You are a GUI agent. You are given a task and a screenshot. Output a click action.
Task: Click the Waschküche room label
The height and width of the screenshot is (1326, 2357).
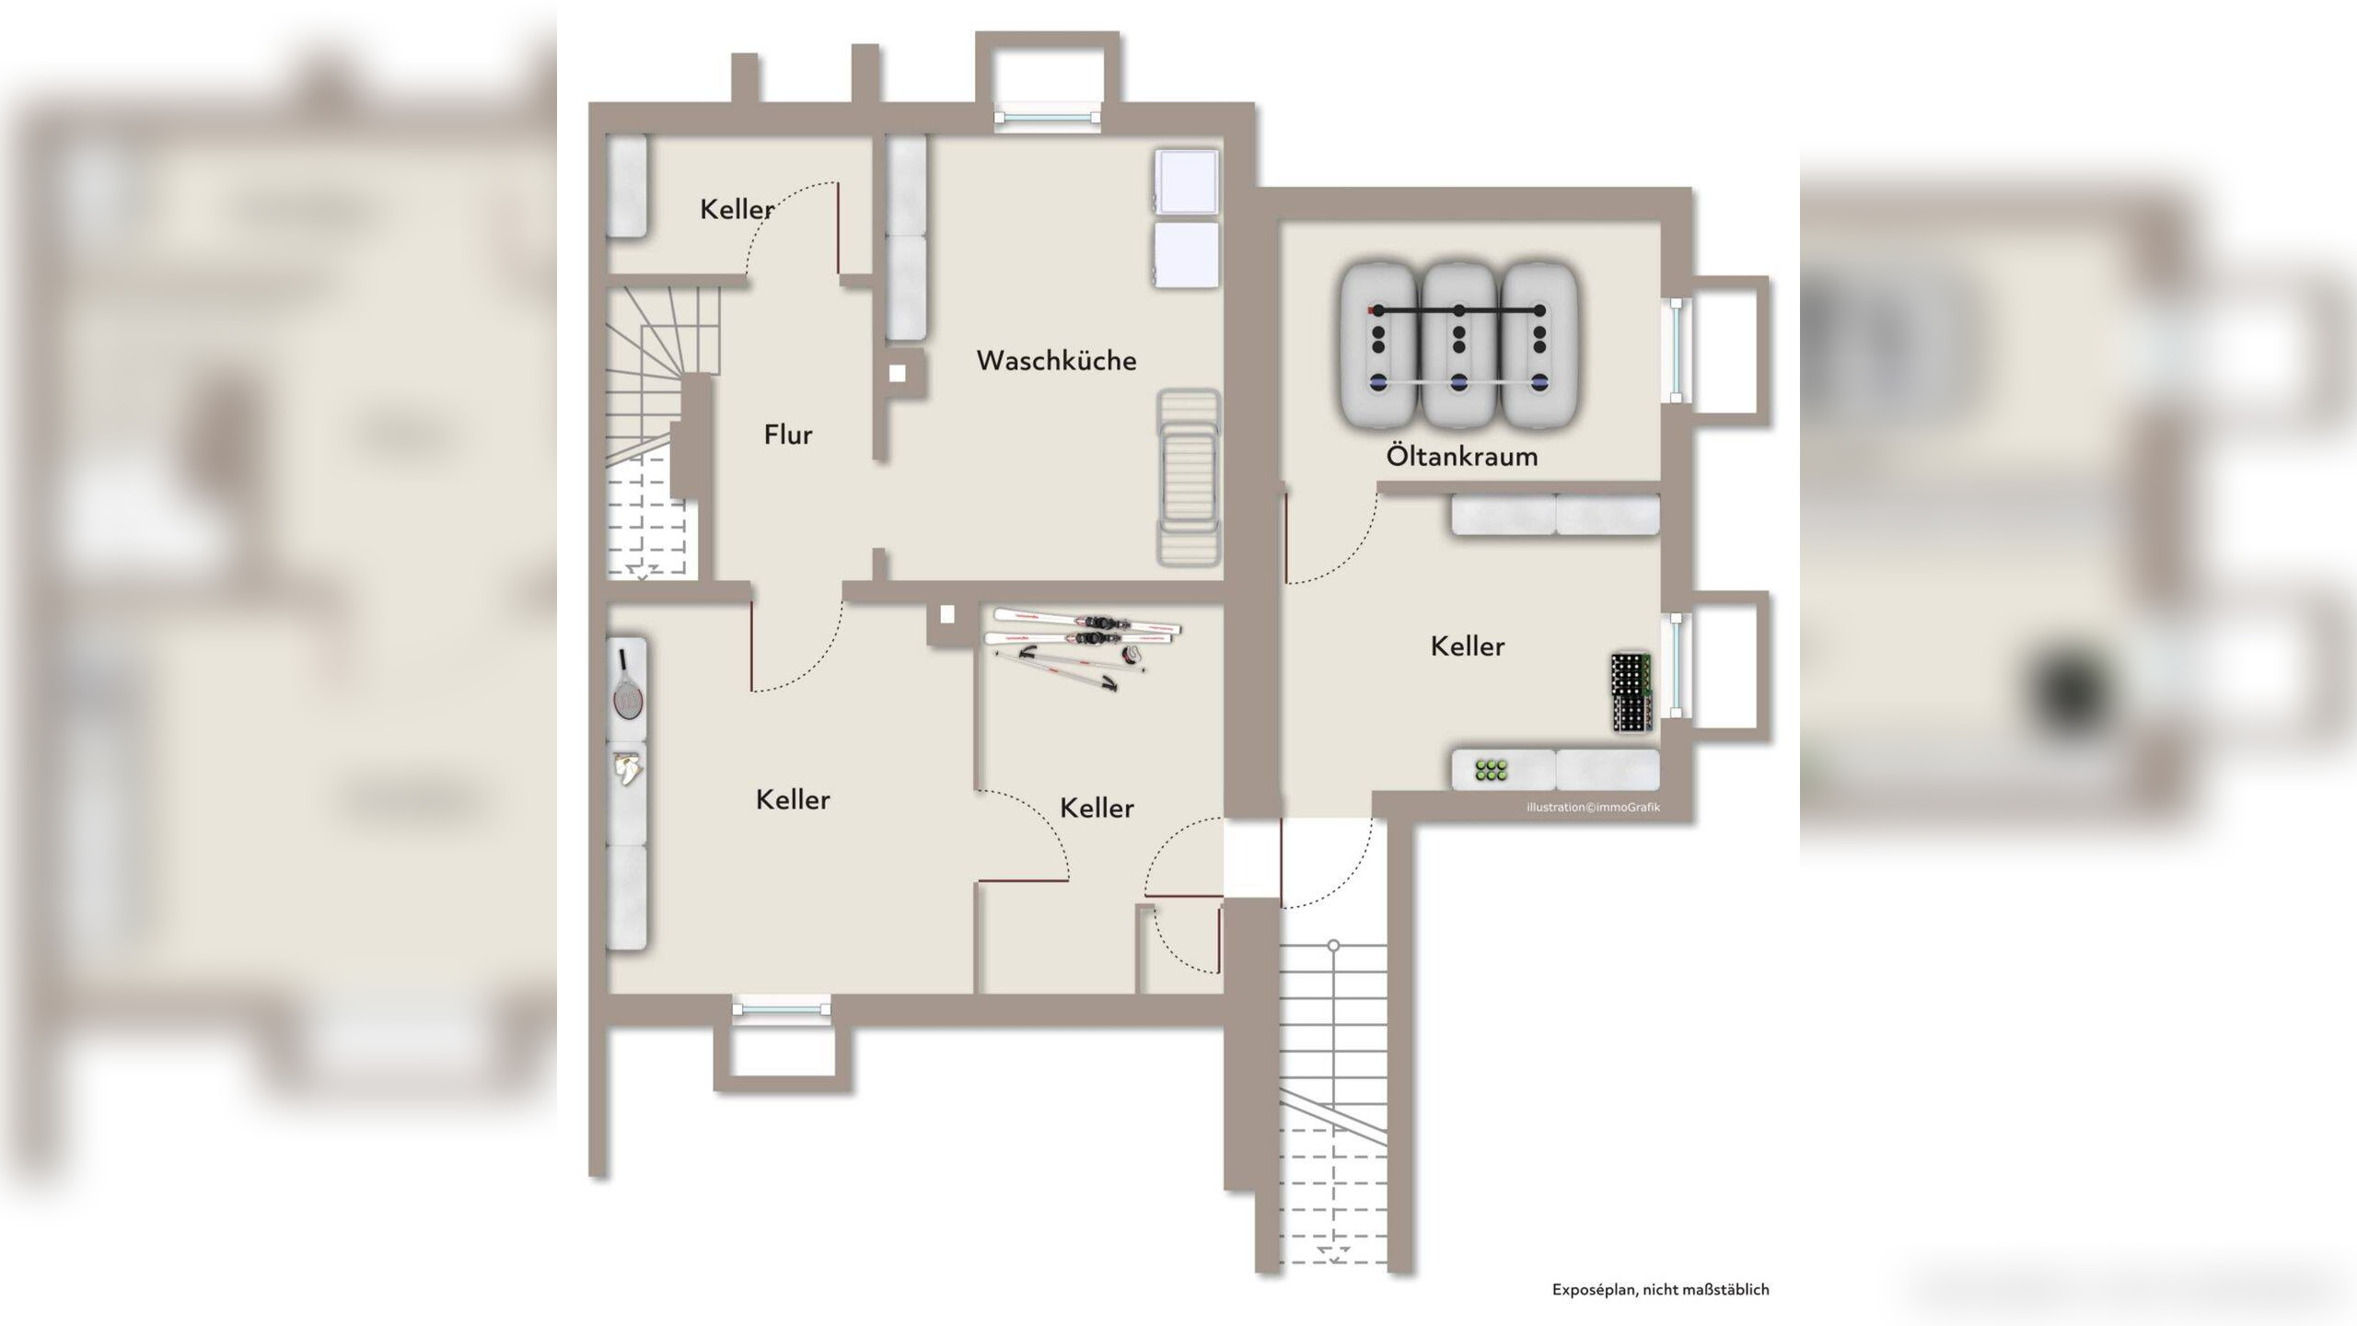[1056, 360]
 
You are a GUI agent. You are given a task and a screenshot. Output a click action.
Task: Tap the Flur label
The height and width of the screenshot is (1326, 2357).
[788, 435]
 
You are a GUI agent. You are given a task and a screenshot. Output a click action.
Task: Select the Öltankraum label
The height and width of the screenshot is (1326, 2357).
[1462, 455]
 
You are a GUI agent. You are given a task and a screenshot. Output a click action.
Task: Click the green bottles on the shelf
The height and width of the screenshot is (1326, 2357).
[1491, 771]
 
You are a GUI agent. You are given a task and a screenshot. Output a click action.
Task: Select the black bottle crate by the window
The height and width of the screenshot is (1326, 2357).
[1631, 693]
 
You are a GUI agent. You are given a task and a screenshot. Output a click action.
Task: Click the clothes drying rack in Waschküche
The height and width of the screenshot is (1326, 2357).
[1189, 477]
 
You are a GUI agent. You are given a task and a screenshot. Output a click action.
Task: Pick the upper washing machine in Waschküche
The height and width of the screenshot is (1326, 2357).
[1187, 181]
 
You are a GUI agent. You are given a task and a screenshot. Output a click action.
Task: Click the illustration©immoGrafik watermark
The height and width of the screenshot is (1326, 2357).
[1593, 808]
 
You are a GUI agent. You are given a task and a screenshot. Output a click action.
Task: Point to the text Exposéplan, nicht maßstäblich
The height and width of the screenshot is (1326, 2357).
[1660, 1290]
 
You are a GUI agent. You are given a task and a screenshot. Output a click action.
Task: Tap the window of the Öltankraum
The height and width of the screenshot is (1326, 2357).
[1677, 350]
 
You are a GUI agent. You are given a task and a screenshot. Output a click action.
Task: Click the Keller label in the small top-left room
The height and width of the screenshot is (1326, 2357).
[737, 209]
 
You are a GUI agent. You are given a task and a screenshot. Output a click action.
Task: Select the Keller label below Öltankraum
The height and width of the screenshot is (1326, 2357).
[1467, 646]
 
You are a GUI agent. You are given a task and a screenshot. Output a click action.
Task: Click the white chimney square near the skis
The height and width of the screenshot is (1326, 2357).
[947, 614]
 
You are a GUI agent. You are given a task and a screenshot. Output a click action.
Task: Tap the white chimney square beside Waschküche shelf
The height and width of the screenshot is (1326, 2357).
[897, 373]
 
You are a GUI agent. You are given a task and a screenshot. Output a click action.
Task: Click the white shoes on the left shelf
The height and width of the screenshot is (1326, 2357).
[629, 768]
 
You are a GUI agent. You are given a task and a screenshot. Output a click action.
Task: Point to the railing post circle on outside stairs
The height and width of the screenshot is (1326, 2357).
[1333, 946]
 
